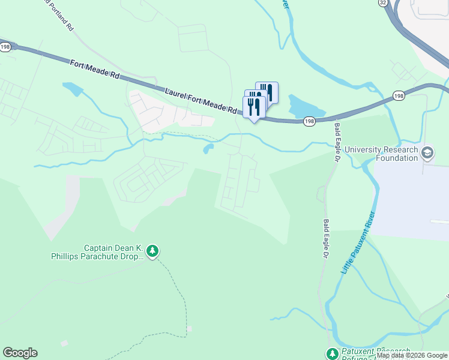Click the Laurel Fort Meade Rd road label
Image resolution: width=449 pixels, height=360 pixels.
click(201, 100)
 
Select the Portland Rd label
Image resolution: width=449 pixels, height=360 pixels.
click(60, 17)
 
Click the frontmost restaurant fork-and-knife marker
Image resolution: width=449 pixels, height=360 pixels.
click(254, 107)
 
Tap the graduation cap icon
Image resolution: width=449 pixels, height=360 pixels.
click(428, 152)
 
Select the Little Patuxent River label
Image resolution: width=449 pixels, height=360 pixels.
click(358, 243)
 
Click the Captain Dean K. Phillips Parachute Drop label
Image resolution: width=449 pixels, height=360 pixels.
click(97, 252)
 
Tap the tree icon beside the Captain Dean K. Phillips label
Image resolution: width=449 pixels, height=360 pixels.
click(152, 251)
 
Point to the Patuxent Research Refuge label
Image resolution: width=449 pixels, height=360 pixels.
click(375, 353)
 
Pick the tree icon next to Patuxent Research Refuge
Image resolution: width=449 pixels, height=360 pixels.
click(332, 353)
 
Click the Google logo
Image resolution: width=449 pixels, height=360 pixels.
click(20, 353)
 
